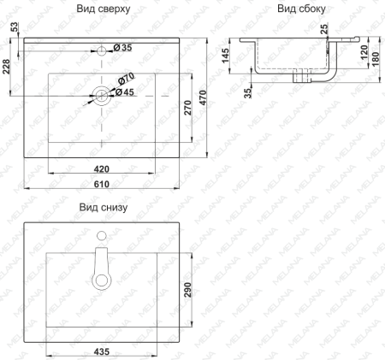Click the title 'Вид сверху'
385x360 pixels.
pos(104,9)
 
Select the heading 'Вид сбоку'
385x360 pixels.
pos(301,9)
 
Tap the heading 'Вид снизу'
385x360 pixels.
pos(104,207)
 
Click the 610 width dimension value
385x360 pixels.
pos(102,184)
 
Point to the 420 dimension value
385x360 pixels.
pos(102,169)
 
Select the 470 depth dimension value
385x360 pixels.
pos(203,97)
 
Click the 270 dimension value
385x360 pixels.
pos(187,108)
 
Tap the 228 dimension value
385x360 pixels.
pos(6,67)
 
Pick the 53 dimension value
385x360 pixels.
pos(15,27)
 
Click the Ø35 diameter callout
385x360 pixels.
pos(122,48)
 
